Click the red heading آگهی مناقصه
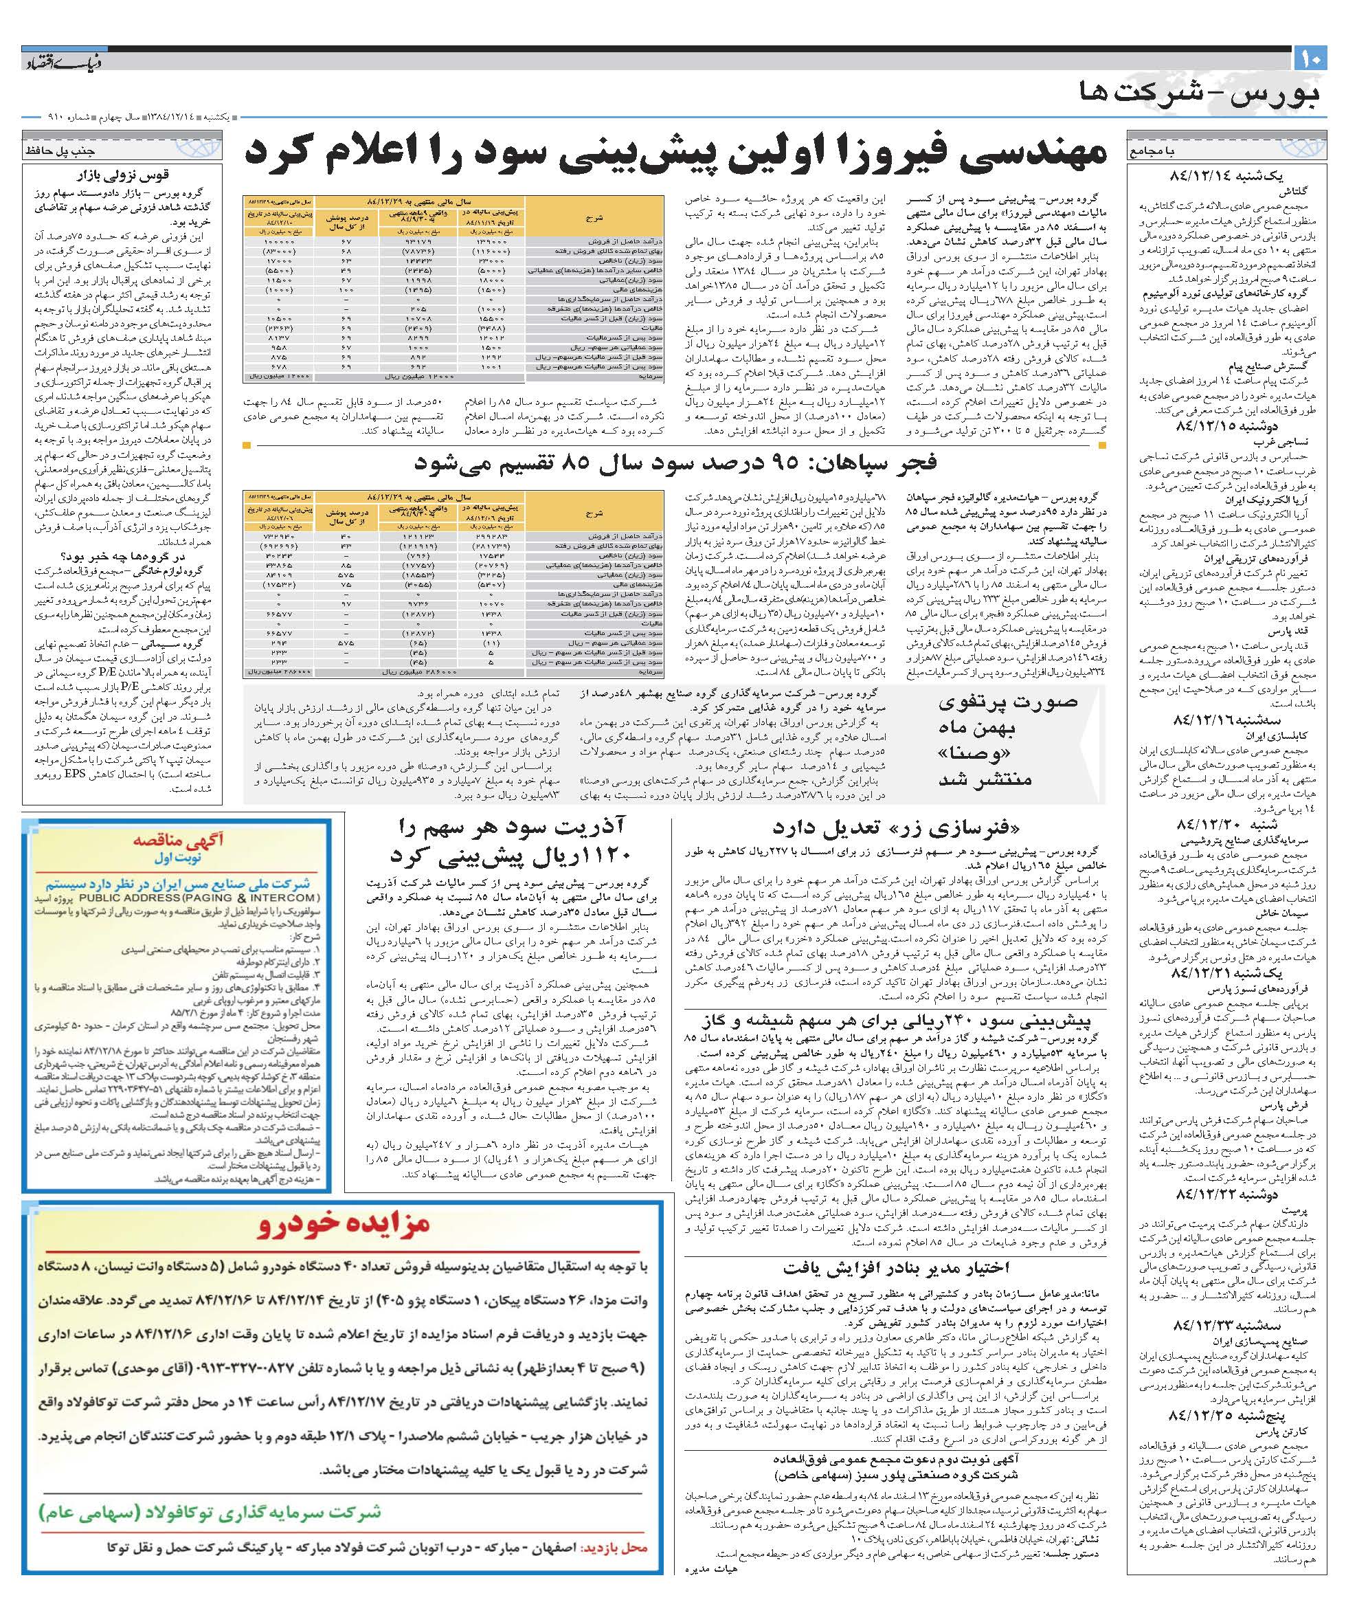click(x=179, y=841)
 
